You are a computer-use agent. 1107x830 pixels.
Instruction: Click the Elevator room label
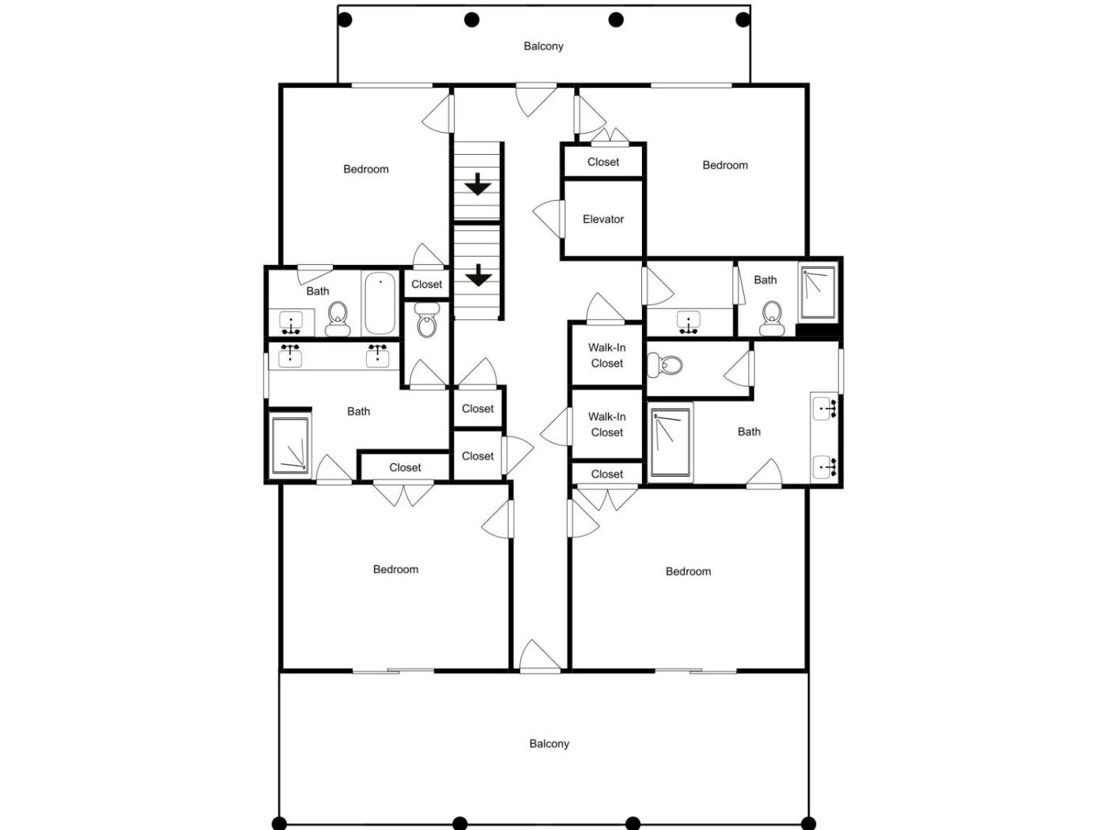click(x=603, y=219)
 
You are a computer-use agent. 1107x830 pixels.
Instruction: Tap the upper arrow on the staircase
click(x=477, y=184)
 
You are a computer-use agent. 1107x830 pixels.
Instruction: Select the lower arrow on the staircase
click(x=478, y=275)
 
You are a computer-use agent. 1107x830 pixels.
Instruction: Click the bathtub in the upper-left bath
click(x=380, y=304)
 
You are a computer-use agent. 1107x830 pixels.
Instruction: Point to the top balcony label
click(x=543, y=46)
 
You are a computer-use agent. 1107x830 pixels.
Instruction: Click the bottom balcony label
click(x=549, y=743)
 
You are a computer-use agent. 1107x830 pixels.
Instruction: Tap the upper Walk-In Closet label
click(x=606, y=355)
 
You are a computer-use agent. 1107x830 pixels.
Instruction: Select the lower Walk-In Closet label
click(x=606, y=424)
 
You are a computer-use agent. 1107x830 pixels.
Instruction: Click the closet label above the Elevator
click(x=603, y=162)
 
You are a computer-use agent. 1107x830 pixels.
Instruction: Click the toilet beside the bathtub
click(x=338, y=319)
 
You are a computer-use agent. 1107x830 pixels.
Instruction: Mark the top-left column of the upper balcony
click(x=345, y=21)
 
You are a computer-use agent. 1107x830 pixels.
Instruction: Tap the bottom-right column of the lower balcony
click(x=807, y=823)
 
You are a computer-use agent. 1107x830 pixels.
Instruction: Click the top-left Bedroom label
click(x=365, y=169)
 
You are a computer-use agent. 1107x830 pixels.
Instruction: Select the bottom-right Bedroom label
click(x=688, y=571)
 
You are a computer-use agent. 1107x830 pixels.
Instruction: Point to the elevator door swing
click(x=548, y=218)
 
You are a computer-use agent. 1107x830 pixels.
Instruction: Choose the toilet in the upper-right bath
click(x=772, y=319)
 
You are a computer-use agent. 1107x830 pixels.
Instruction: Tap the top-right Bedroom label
click(x=725, y=164)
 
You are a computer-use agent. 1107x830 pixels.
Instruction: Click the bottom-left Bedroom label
click(x=395, y=569)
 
